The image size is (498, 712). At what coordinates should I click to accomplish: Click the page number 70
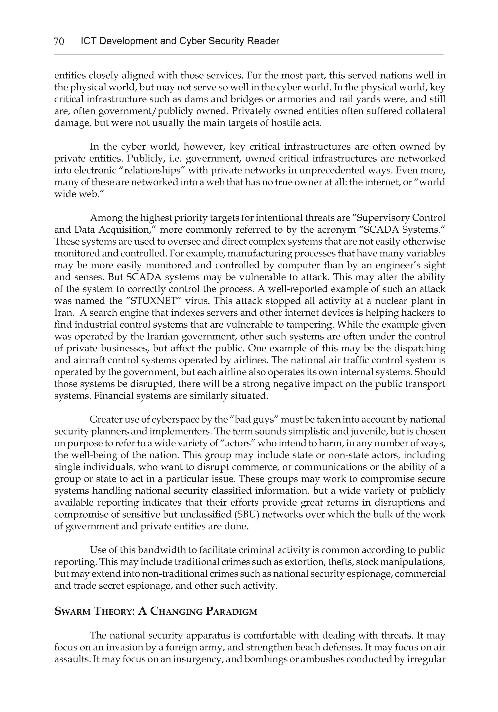point(59,41)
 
